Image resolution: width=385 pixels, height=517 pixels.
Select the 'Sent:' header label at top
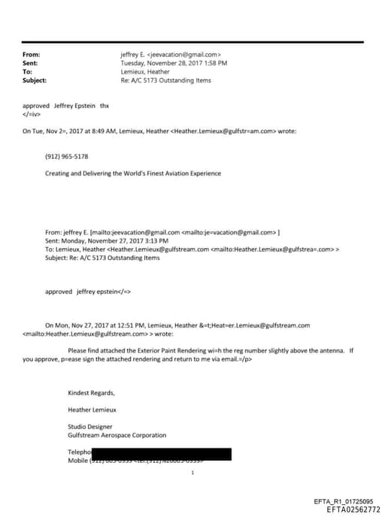pyautogui.click(x=30, y=63)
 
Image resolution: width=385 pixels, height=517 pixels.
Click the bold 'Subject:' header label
pyautogui.click(x=35, y=80)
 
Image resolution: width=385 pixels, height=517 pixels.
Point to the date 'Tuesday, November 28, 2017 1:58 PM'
pyautogui.click(x=174, y=63)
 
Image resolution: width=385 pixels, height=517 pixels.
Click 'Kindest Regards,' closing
pyautogui.click(x=91, y=393)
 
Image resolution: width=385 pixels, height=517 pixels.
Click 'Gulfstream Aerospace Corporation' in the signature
pyautogui.click(x=117, y=434)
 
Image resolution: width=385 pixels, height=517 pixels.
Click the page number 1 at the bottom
pyautogui.click(x=193, y=473)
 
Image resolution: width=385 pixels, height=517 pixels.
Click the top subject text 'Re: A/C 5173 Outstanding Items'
pyautogui.click(x=165, y=80)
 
